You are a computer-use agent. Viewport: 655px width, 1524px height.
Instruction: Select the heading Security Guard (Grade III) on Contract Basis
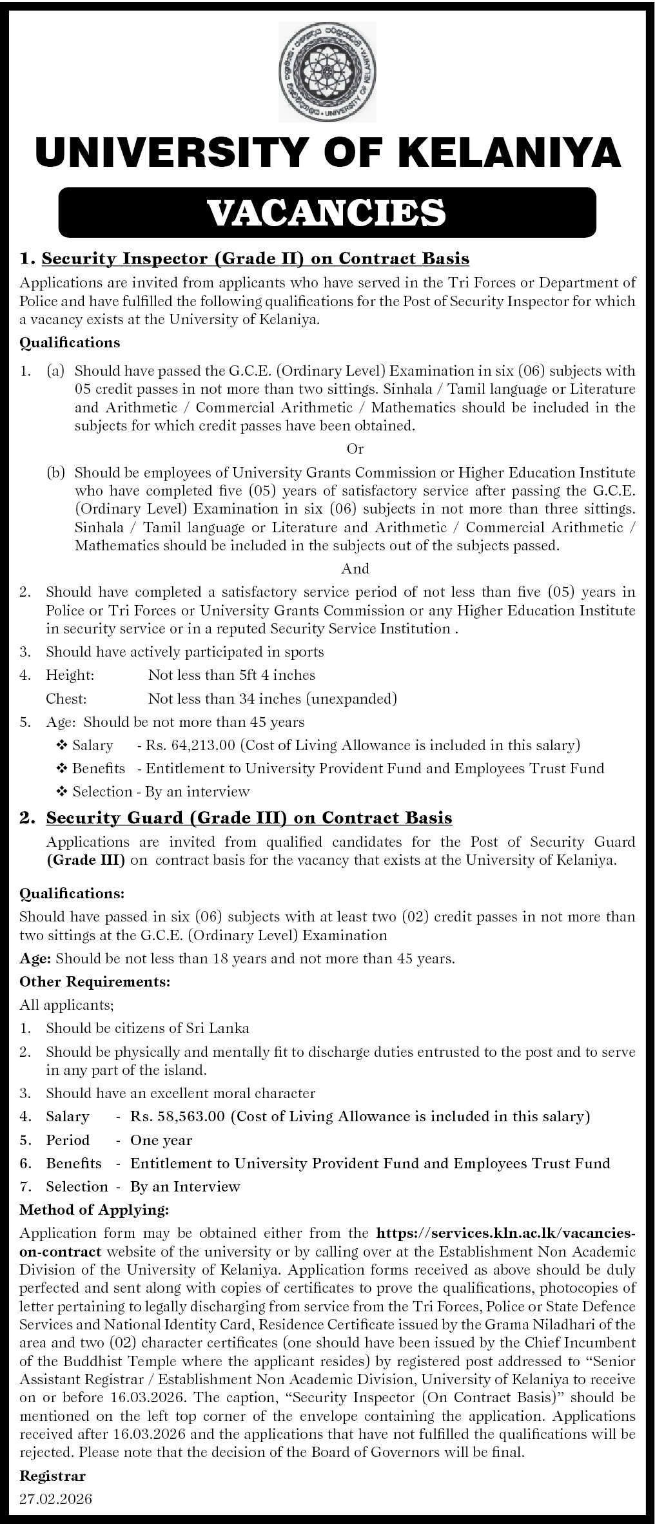click(249, 818)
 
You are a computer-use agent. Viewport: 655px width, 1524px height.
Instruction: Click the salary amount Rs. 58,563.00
click(177, 1116)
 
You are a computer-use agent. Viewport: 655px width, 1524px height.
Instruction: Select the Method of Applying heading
click(94, 1210)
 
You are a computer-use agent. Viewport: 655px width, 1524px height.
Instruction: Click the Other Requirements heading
click(95, 982)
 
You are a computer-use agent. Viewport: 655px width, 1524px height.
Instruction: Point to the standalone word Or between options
click(355, 449)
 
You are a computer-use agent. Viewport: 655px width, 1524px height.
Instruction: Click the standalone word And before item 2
click(355, 568)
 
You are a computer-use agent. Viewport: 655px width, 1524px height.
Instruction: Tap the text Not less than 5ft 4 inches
click(231, 675)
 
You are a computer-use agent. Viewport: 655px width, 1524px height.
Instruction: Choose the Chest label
click(66, 699)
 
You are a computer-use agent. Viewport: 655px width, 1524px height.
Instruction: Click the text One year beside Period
click(161, 1140)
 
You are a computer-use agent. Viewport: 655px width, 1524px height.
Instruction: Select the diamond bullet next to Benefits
click(63, 769)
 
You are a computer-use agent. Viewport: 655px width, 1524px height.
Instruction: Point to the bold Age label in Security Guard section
click(35, 958)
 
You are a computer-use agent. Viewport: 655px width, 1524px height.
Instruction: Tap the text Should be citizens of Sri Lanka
click(147, 1028)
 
